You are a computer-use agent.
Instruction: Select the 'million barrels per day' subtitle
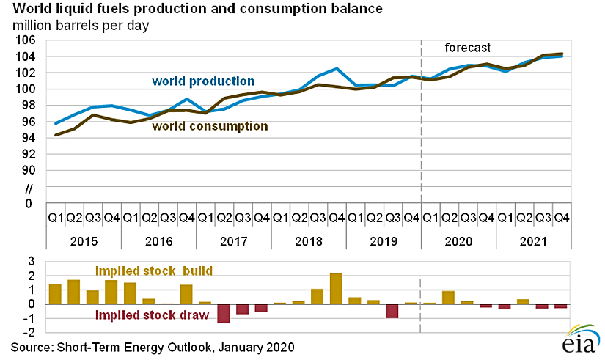[80, 26]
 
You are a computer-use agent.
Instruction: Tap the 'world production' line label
[203, 81]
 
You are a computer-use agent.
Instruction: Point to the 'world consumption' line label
[210, 126]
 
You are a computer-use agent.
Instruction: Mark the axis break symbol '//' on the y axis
[29, 188]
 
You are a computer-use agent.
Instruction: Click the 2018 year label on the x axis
[308, 240]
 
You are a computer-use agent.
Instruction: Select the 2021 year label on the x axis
[534, 240]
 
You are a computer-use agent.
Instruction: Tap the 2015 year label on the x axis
[83, 240]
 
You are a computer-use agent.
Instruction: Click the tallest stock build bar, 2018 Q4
[337, 288]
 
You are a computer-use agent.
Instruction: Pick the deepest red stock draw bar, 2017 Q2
[224, 313]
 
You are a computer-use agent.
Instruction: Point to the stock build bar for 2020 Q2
[449, 298]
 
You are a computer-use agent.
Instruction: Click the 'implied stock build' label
[154, 271]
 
